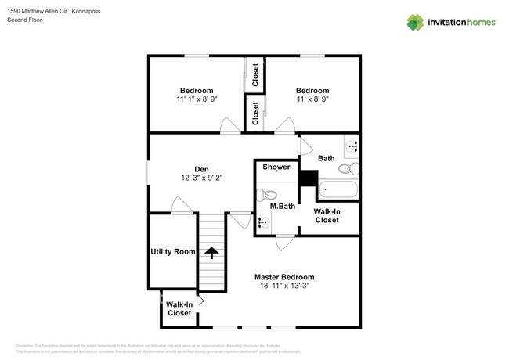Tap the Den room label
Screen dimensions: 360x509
coord(202,169)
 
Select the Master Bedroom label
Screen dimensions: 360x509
coord(284,277)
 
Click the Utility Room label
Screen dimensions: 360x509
coord(172,252)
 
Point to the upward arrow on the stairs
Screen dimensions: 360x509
coord(210,252)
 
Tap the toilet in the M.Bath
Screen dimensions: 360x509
coord(268,196)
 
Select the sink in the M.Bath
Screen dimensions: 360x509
coord(263,223)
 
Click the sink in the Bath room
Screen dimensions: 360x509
coord(350,145)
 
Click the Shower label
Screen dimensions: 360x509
coord(276,167)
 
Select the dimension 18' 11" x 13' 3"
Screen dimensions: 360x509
coord(284,287)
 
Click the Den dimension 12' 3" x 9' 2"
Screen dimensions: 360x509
coord(202,178)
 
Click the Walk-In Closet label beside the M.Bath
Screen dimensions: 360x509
coord(327,216)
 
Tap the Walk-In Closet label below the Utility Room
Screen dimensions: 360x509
coord(179,309)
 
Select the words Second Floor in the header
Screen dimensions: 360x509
coord(26,20)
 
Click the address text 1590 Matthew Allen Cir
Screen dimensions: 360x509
coord(37,12)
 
